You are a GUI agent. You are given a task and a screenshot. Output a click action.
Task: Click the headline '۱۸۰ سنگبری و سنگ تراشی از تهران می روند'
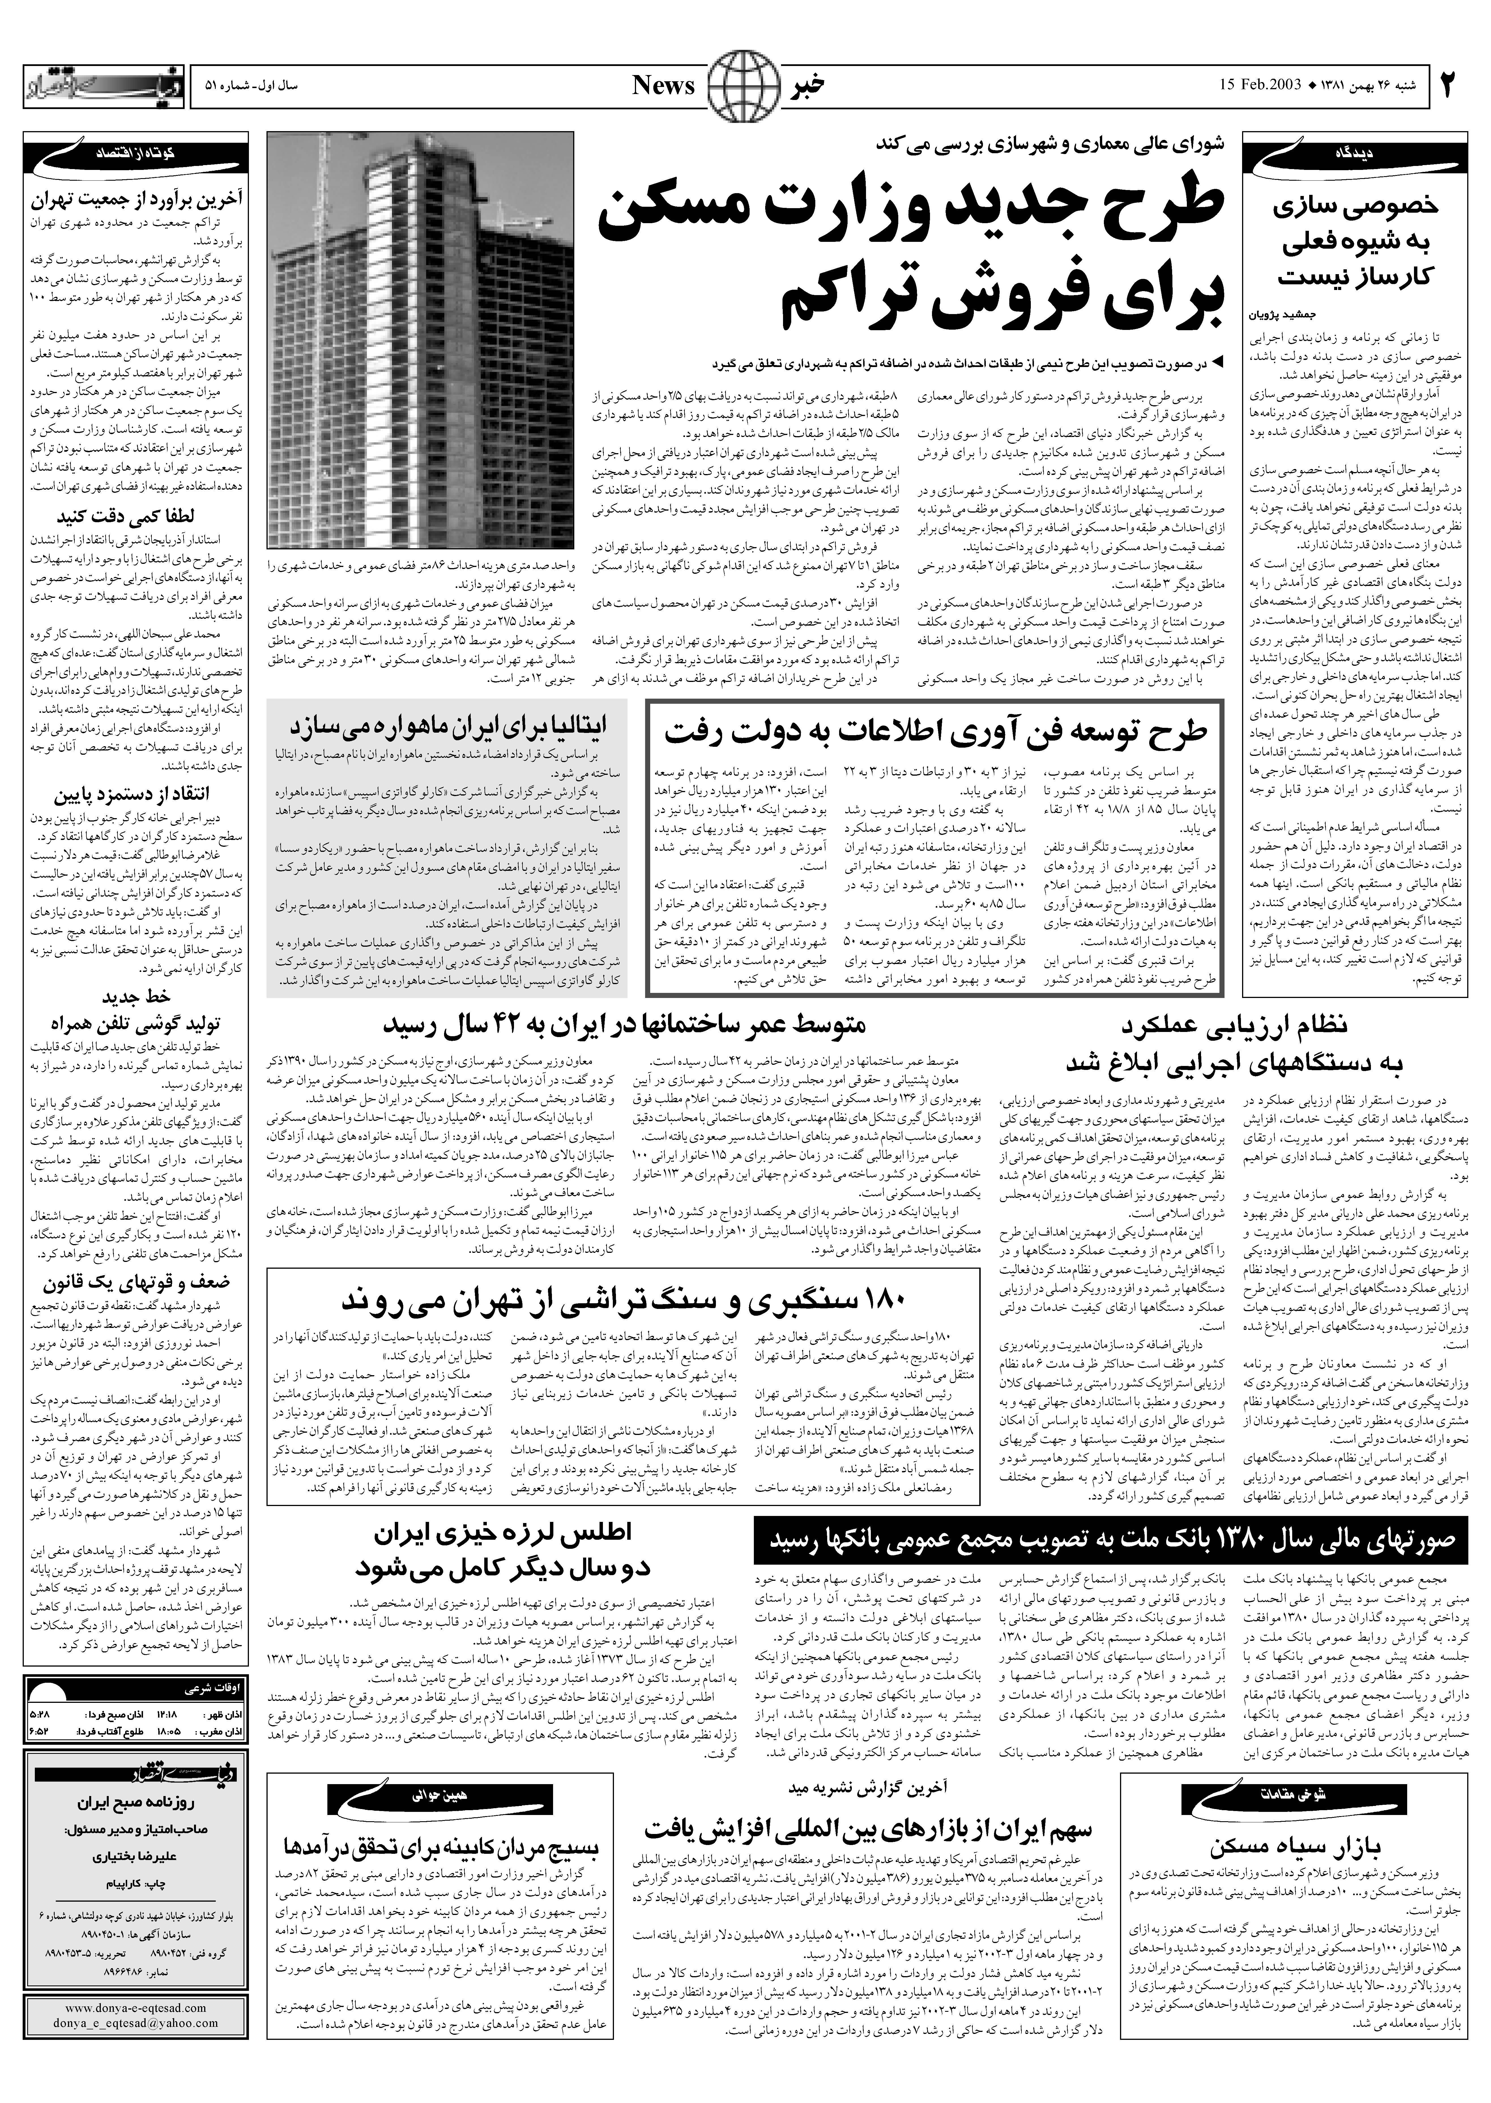point(624,1302)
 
